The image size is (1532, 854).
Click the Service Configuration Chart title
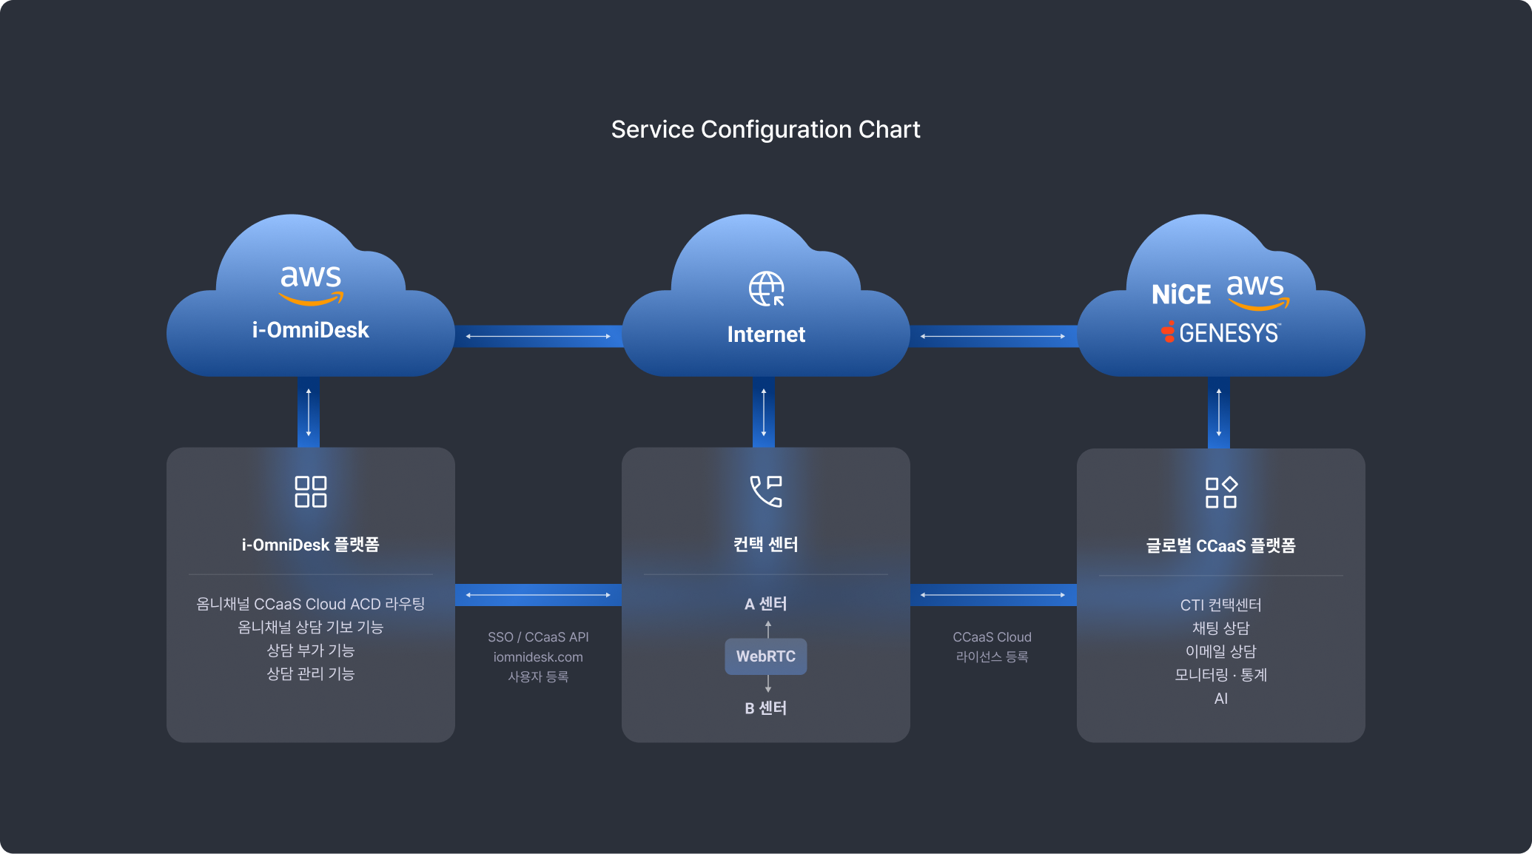[765, 130]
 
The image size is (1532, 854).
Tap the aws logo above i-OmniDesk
[311, 283]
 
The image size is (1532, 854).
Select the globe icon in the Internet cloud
[766, 289]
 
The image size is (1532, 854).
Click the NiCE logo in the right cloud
[1181, 295]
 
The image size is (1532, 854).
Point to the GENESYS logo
[1221, 333]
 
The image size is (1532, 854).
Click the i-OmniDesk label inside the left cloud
[310, 330]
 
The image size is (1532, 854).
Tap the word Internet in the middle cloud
[766, 334]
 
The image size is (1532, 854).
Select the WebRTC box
[766, 656]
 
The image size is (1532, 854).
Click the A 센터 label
[766, 604]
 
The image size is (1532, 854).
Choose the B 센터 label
[766, 708]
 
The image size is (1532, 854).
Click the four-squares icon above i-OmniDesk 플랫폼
[311, 491]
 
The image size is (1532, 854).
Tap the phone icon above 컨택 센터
[766, 491]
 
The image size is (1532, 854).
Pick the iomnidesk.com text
[538, 657]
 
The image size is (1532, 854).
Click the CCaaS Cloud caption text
[992, 637]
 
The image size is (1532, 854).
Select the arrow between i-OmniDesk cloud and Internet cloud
[538, 336]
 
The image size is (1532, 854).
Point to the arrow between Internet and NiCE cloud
[993, 336]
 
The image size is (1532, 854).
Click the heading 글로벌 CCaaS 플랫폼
[1221, 546]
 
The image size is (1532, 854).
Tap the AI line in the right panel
[1221, 699]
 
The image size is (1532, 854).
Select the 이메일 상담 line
[1221, 651]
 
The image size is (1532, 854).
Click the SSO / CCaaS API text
[538, 637]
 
